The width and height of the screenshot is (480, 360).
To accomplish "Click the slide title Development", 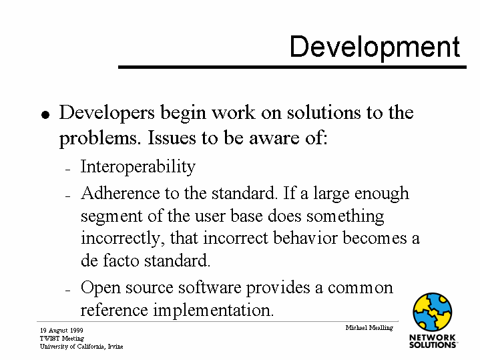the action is point(375,47).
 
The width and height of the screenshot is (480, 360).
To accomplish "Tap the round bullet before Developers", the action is point(45,115).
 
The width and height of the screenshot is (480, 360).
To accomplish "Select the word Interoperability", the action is point(138,167).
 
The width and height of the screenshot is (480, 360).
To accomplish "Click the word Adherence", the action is point(120,193).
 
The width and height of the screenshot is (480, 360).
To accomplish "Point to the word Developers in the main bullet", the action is point(107,114).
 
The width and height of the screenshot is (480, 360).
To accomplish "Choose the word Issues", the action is point(172,138).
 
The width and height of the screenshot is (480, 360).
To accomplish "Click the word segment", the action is point(111,217).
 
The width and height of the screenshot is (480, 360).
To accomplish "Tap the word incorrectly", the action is point(121,239).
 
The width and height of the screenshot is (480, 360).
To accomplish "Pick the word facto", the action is point(121,260).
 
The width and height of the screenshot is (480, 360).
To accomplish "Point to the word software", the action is point(210,288).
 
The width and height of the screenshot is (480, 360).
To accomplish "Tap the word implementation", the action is point(214,311).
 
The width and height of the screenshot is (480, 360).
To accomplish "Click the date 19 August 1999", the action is point(61,331).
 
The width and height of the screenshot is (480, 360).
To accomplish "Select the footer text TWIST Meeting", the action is point(62,339).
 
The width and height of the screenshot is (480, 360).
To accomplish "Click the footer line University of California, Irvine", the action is point(81,347).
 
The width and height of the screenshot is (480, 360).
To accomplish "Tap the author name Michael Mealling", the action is point(369,328).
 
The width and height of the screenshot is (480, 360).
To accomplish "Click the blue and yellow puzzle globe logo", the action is point(432,312).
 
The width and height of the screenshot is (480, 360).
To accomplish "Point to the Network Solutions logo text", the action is point(433,341).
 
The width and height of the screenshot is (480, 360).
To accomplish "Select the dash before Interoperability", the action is point(68,169).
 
